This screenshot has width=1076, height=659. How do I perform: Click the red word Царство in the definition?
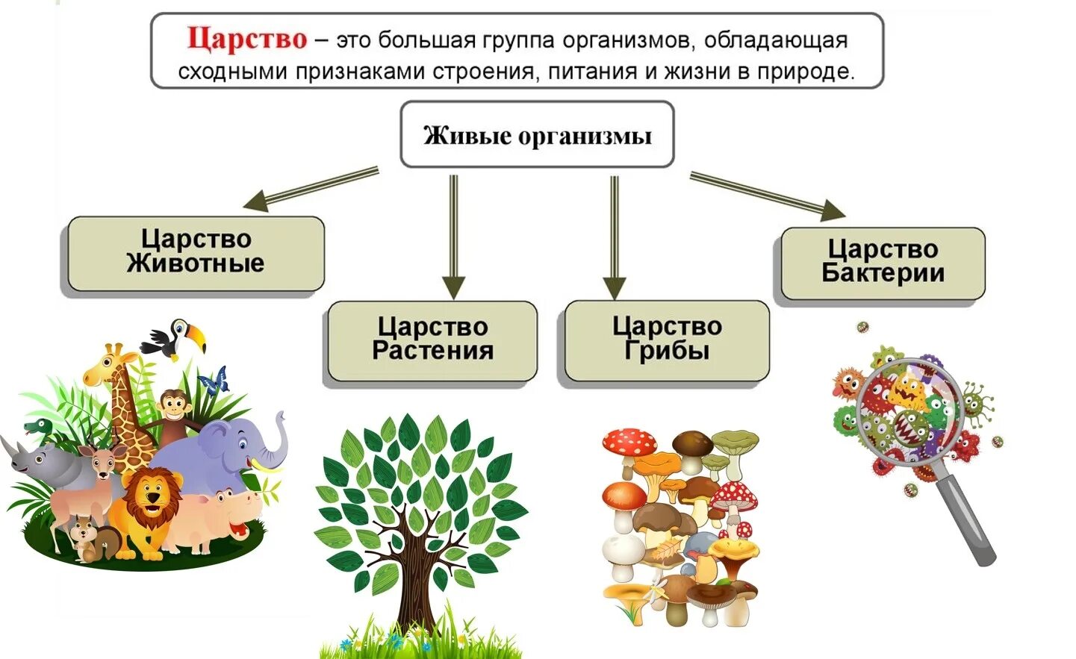[x=246, y=39]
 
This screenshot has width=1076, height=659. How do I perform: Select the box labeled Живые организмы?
[x=537, y=135]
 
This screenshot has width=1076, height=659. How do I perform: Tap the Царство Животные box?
[x=196, y=253]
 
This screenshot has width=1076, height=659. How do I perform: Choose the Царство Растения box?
[x=432, y=340]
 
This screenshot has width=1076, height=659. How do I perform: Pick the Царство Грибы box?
[x=667, y=340]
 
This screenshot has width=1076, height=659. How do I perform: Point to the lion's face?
[x=153, y=496]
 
